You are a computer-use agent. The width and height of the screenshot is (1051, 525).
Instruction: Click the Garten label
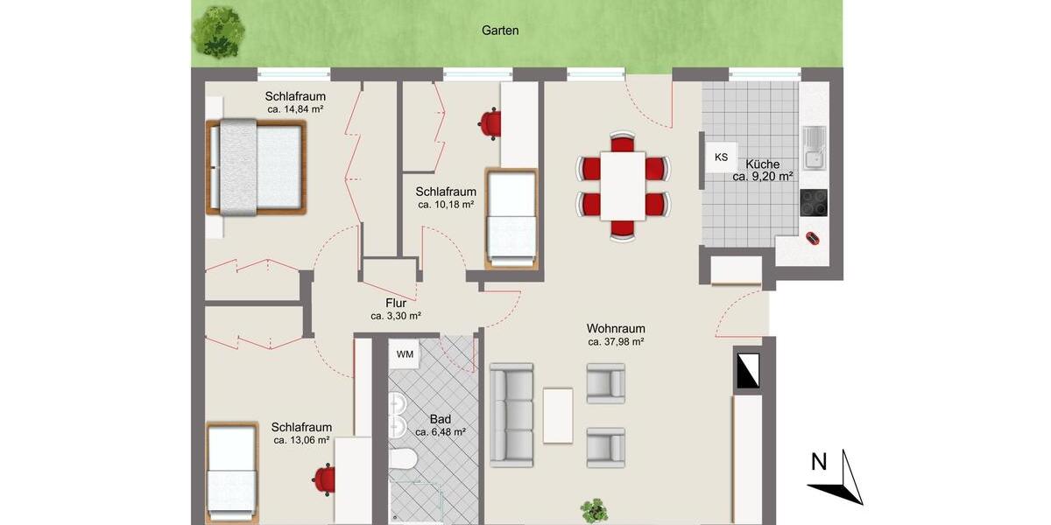500,30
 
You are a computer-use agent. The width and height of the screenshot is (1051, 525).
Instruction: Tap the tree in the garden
217,31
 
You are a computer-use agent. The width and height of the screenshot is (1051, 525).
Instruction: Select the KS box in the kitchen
721,157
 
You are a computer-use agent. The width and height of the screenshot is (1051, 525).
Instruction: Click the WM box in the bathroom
405,354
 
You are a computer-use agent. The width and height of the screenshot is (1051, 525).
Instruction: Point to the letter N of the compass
819,462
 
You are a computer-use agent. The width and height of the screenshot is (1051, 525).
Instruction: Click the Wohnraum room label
616,329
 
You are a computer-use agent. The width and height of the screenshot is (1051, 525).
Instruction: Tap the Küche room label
763,164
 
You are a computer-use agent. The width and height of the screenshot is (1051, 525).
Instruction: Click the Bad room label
440,419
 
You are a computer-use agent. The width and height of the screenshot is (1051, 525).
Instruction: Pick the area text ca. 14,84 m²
296,109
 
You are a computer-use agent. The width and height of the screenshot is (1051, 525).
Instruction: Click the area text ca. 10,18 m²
446,205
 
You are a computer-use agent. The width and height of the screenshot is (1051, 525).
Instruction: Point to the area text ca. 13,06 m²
301,440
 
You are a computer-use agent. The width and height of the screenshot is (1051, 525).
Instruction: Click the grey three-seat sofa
511,414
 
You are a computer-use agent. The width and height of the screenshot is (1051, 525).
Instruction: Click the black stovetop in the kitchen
814,202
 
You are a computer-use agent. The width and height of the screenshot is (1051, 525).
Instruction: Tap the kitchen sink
814,147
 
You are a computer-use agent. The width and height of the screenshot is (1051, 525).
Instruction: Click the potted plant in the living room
596,510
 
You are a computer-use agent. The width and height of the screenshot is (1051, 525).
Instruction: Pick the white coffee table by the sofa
558,416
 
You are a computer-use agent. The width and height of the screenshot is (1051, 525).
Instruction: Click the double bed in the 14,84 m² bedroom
256,167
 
